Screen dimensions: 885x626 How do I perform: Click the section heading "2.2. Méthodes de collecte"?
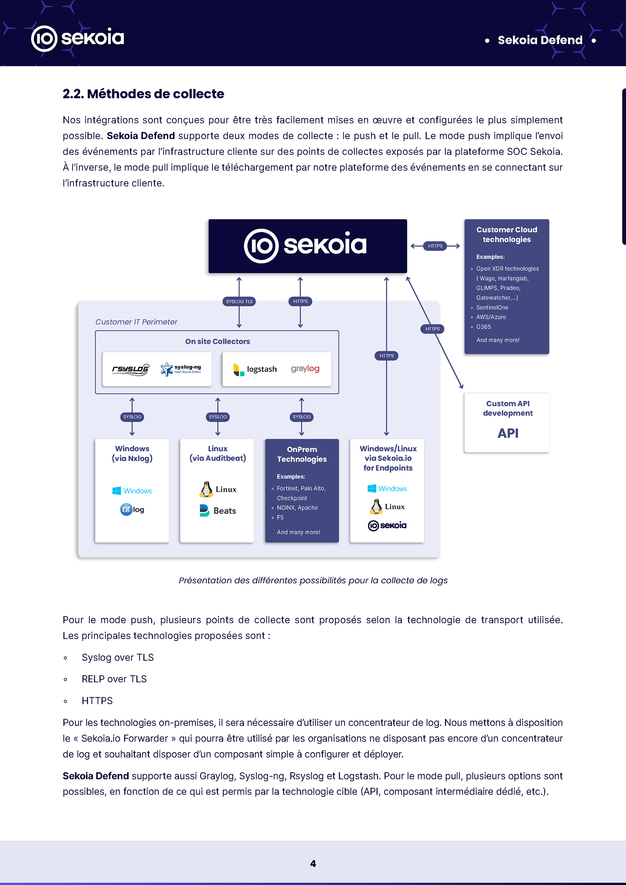click(143, 94)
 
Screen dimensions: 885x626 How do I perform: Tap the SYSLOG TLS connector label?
click(239, 301)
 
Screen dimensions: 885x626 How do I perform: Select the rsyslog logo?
click(130, 369)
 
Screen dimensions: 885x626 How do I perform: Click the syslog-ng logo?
click(181, 369)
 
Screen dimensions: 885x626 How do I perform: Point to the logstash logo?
click(255, 369)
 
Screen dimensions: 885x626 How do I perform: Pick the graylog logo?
click(305, 369)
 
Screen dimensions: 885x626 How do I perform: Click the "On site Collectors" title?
click(217, 341)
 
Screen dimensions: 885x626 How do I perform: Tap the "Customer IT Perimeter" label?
click(136, 322)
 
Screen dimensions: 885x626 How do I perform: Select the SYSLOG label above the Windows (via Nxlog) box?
click(132, 417)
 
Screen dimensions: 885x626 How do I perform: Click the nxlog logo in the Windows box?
click(132, 510)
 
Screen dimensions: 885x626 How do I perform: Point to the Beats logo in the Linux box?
click(217, 511)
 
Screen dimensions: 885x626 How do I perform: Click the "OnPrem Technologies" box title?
click(302, 454)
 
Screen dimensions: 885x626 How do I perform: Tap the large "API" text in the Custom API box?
click(508, 433)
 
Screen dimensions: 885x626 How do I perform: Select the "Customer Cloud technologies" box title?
click(506, 234)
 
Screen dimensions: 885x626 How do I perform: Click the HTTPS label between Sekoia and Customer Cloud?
click(435, 246)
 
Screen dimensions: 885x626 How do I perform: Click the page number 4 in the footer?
click(313, 864)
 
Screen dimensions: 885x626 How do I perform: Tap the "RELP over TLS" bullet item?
click(114, 679)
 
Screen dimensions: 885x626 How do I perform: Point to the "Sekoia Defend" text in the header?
click(540, 40)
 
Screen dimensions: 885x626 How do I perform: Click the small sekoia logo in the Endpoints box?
click(387, 525)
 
